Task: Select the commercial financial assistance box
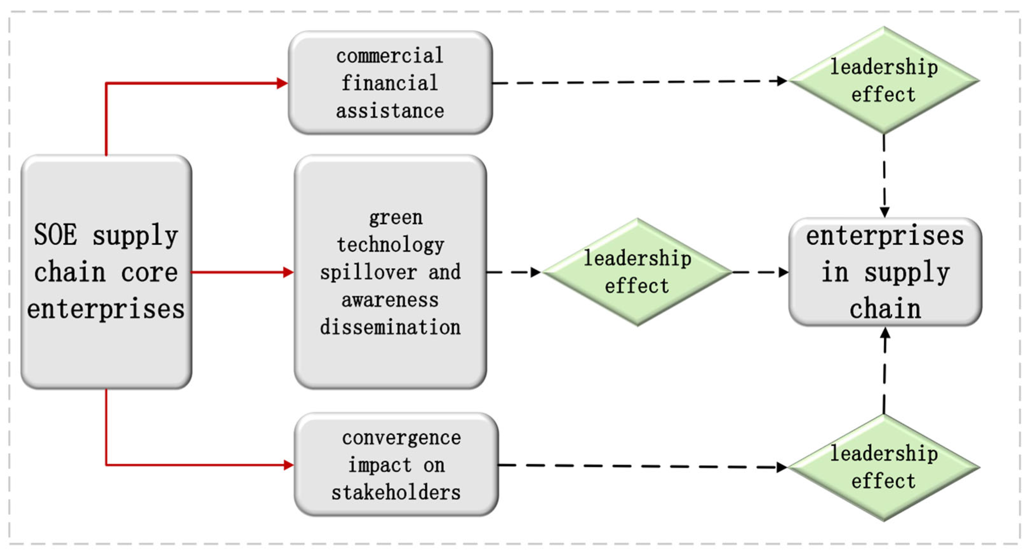pyautogui.click(x=390, y=83)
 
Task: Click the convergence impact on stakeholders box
pyautogui.click(x=396, y=464)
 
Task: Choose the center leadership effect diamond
pyautogui.click(x=637, y=272)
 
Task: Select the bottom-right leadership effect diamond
pyautogui.click(x=884, y=467)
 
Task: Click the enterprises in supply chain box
pyautogui.click(x=885, y=272)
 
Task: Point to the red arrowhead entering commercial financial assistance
pyautogui.click(x=283, y=83)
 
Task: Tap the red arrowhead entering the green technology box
pyautogui.click(x=288, y=272)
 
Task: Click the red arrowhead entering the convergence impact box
pyautogui.click(x=289, y=465)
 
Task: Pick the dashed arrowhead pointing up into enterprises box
pyautogui.click(x=885, y=334)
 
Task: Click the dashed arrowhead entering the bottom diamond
pyautogui.click(x=781, y=467)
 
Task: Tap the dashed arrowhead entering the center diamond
pyautogui.click(x=535, y=272)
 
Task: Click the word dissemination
pyautogui.click(x=390, y=327)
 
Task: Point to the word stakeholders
pyautogui.click(x=396, y=492)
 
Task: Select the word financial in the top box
pyautogui.click(x=390, y=83)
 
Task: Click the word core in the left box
pyautogui.click(x=149, y=273)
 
